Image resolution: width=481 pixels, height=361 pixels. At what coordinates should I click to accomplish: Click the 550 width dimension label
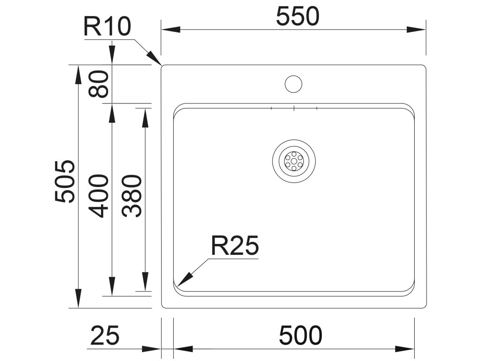297,17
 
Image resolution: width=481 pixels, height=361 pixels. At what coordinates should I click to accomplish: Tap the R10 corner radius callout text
107,27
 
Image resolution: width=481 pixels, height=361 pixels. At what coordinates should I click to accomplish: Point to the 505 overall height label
65,181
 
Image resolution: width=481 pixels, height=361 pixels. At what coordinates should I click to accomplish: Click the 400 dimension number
100,196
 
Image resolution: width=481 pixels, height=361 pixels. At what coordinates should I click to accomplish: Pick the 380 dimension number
132,196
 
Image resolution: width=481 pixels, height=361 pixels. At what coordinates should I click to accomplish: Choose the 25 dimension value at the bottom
105,336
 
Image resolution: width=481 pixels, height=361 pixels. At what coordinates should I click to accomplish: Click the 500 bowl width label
301,336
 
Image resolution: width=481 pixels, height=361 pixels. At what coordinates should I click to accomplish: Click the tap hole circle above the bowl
294,84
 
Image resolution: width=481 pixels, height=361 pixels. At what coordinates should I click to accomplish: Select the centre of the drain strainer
294,161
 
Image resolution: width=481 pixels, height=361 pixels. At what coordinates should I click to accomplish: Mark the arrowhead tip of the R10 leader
160,63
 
